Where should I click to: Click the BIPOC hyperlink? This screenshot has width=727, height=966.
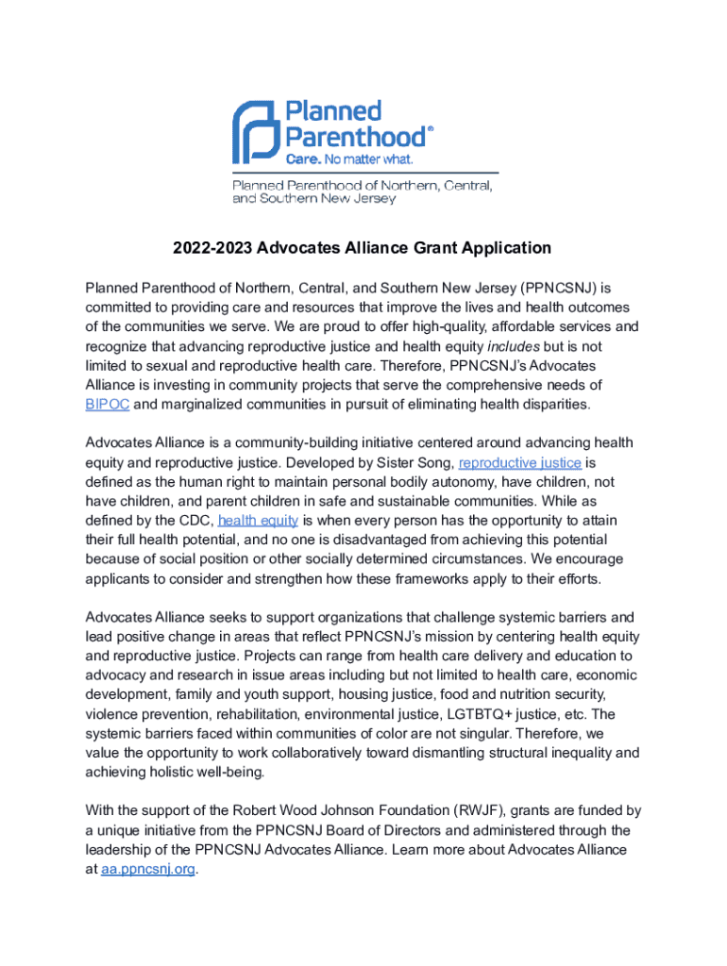click(x=107, y=405)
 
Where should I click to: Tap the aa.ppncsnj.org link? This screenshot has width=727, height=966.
click(x=147, y=869)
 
